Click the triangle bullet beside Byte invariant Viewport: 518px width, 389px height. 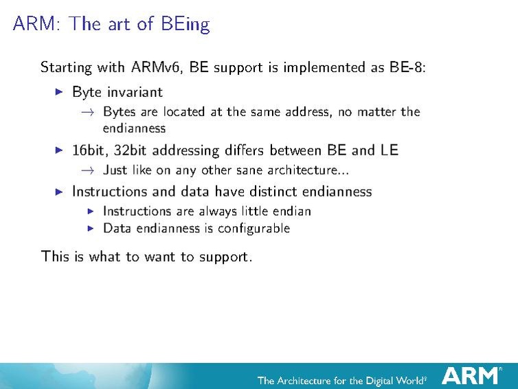tap(58, 91)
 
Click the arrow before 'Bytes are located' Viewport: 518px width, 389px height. tap(87, 112)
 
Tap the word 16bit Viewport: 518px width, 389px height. tap(89, 150)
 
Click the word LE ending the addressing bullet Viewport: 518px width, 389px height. tap(389, 150)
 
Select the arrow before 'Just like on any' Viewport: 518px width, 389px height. tap(87, 170)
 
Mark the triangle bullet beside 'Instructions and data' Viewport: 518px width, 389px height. tap(58, 192)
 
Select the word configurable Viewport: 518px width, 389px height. tap(256, 228)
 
